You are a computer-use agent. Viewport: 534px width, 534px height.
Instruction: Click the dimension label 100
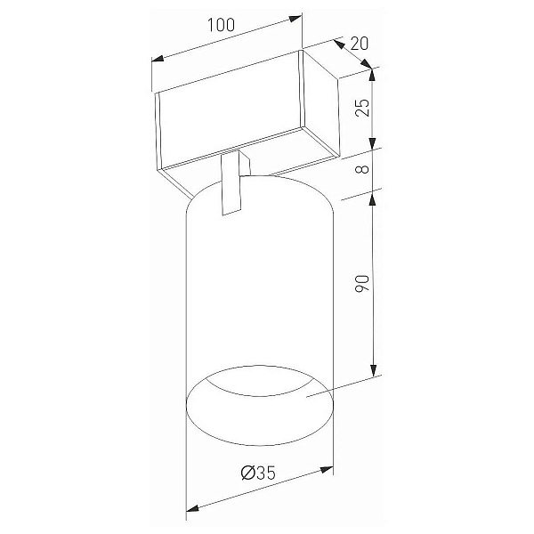(221, 25)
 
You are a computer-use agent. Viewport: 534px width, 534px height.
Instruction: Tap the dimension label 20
(360, 44)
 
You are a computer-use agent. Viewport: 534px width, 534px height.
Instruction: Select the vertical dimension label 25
(362, 108)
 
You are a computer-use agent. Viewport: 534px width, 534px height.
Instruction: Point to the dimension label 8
(362, 169)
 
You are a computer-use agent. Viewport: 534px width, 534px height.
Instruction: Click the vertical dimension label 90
(362, 283)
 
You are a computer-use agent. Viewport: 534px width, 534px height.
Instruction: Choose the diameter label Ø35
(258, 473)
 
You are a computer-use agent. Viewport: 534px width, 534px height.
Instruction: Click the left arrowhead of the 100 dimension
(158, 59)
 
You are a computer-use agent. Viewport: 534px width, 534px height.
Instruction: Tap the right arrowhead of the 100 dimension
(295, 19)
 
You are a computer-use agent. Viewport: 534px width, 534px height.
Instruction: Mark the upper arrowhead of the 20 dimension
(338, 44)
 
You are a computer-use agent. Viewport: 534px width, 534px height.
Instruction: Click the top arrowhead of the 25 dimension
(372, 76)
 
